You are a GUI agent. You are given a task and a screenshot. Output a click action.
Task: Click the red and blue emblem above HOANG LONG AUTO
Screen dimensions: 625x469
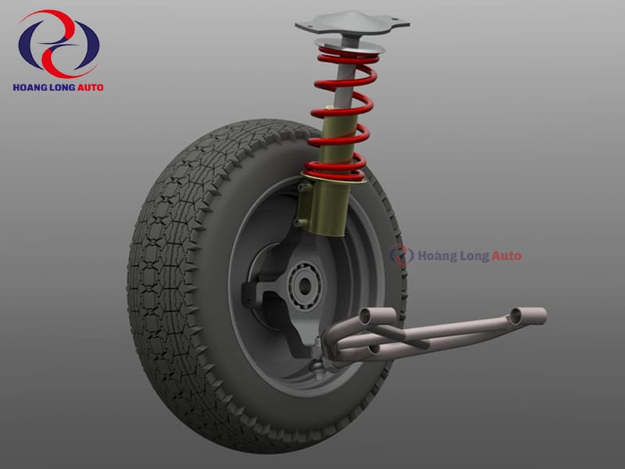[x=59, y=44]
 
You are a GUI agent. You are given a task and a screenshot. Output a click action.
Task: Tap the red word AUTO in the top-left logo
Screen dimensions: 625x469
[x=90, y=88]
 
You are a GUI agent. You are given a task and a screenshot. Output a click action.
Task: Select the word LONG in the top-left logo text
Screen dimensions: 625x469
[x=62, y=88]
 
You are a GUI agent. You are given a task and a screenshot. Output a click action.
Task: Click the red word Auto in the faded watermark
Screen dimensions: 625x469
[x=506, y=256]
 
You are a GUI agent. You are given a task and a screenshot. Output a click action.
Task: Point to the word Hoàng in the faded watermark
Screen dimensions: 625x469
[x=437, y=256]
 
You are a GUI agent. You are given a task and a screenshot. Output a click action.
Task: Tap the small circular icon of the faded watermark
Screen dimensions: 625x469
[x=402, y=256]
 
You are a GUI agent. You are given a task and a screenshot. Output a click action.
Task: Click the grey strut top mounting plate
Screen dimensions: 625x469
[x=352, y=23]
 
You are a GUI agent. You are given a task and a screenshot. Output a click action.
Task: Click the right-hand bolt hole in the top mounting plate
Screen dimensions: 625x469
[x=395, y=20]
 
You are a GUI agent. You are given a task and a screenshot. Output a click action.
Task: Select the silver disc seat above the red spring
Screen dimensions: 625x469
[x=349, y=45]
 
